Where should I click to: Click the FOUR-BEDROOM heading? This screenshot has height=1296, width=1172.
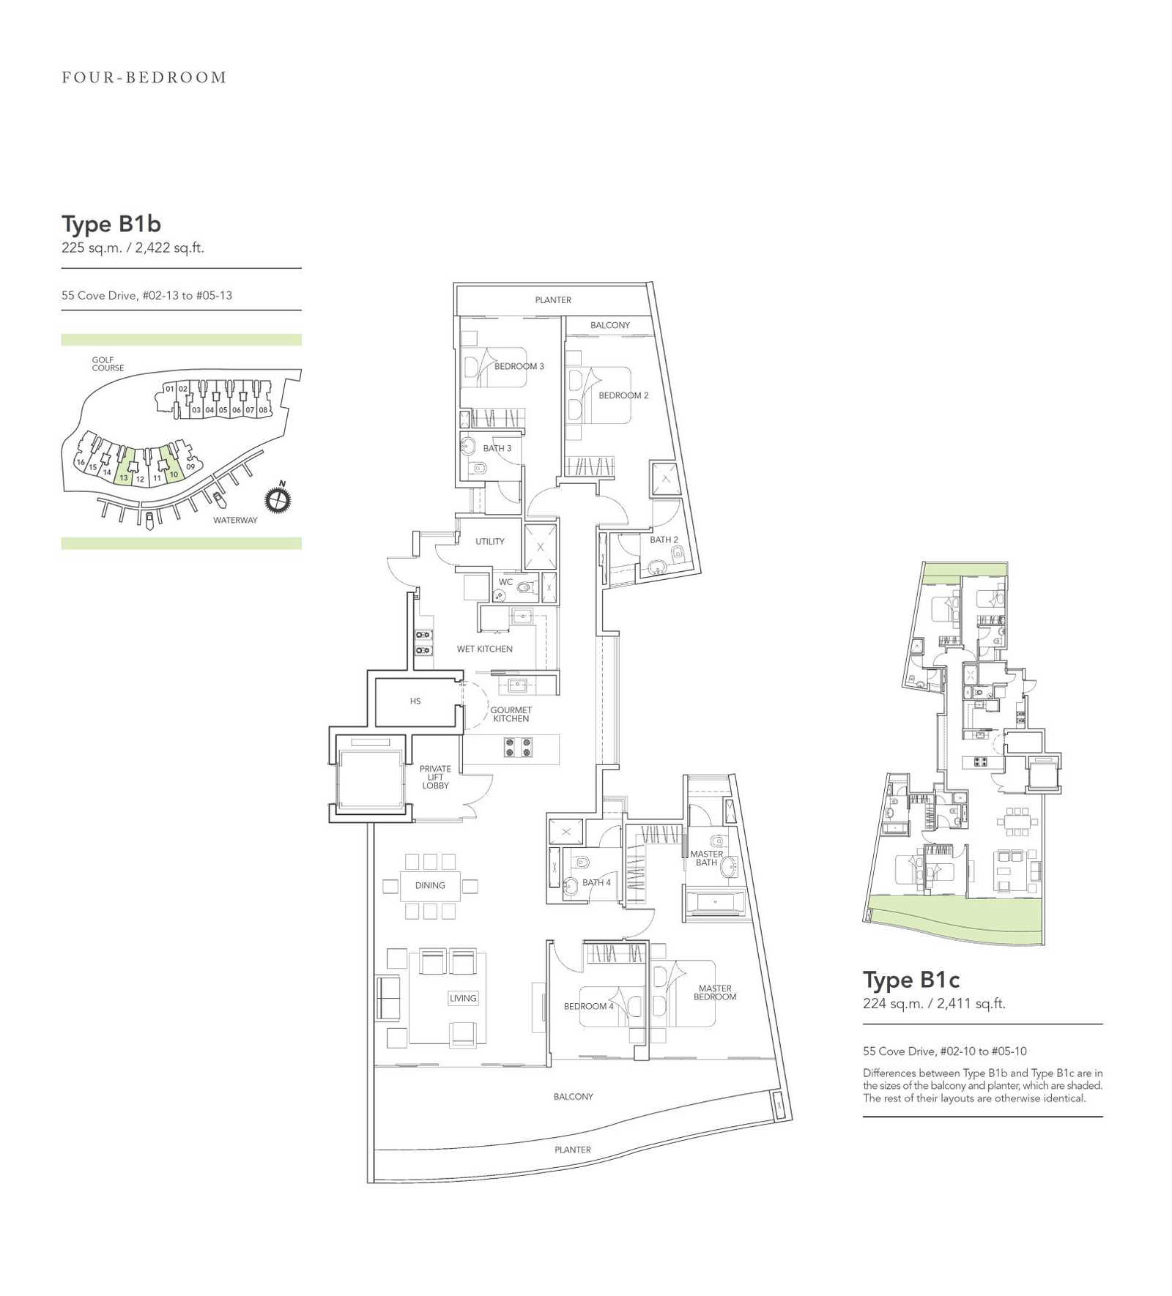(144, 78)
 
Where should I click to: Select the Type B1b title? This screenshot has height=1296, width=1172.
(111, 224)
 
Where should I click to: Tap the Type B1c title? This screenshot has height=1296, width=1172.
(911, 980)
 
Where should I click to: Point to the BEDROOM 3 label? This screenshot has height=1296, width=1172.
(519, 366)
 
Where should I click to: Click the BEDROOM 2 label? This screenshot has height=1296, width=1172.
(623, 395)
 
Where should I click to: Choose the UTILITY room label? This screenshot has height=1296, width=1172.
(490, 542)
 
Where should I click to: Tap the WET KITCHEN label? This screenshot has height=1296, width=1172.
(485, 649)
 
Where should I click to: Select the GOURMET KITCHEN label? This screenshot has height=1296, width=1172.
(511, 715)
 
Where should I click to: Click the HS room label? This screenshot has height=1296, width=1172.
(415, 701)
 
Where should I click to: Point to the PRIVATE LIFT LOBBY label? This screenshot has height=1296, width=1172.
(435, 777)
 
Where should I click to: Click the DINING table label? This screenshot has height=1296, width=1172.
(430, 885)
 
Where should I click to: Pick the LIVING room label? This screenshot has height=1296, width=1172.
(463, 998)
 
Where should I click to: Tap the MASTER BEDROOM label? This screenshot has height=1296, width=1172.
(715, 993)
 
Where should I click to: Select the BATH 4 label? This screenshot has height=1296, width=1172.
(596, 882)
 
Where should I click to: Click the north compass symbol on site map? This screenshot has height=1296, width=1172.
(278, 499)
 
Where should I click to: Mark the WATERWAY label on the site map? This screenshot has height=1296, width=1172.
(235, 521)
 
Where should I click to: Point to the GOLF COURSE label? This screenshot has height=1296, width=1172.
(108, 364)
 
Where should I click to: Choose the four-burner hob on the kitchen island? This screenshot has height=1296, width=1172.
(518, 748)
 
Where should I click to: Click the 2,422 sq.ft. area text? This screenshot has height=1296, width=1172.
(169, 247)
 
